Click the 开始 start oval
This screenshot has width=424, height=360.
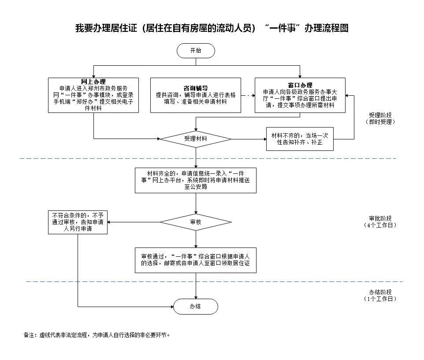click(x=196, y=50)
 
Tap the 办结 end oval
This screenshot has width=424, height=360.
click(x=196, y=306)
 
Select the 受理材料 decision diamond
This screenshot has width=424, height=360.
click(x=196, y=139)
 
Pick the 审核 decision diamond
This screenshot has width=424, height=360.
click(x=196, y=222)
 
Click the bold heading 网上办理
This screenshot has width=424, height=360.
click(x=93, y=82)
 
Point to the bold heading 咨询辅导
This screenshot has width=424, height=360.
click(x=196, y=88)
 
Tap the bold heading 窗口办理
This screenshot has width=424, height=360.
click(x=300, y=85)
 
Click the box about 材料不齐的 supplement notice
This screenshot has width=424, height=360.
click(x=300, y=139)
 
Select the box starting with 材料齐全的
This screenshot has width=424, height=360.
click(x=196, y=180)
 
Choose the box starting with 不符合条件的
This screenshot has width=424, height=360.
click(x=78, y=222)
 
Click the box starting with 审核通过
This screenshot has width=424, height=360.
click(x=196, y=260)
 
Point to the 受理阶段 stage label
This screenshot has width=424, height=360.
click(x=380, y=116)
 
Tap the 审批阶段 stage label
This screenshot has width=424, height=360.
click(x=380, y=218)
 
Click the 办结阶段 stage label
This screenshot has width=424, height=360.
click(x=380, y=292)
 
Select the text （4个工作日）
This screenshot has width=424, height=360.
click(x=380, y=225)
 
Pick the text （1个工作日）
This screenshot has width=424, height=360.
click(x=380, y=299)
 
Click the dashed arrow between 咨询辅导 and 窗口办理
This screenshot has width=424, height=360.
click(x=248, y=95)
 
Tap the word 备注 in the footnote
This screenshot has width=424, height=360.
click(x=29, y=335)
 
